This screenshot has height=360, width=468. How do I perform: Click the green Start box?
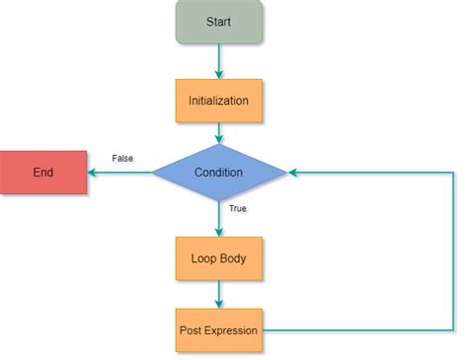click(219, 22)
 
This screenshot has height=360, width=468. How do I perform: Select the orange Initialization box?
click(219, 100)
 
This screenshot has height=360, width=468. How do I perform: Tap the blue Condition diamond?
click(219, 173)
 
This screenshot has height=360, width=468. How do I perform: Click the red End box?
click(43, 173)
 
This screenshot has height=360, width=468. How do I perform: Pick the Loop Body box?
click(219, 258)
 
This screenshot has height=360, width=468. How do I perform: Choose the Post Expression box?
click(219, 330)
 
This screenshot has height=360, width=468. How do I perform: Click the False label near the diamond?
click(123, 158)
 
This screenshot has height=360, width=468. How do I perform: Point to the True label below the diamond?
click(238, 209)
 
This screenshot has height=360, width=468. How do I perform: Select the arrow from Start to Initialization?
click(219, 61)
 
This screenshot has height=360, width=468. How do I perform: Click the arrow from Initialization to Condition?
click(219, 132)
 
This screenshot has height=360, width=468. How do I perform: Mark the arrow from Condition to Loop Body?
click(219, 219)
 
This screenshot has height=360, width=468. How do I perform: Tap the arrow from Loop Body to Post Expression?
click(219, 294)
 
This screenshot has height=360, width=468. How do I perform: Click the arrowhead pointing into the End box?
click(92, 173)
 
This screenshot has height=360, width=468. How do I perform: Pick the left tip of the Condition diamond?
click(152, 173)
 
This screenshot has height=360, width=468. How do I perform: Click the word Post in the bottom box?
click(192, 330)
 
